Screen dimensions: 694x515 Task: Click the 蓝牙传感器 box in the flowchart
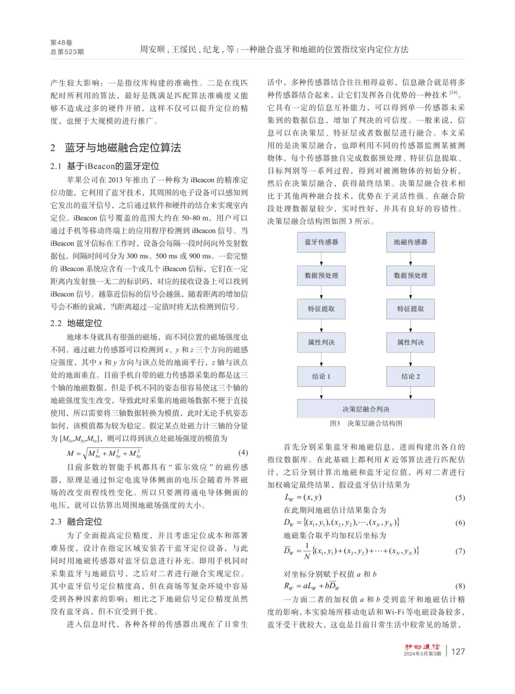[x=321, y=242]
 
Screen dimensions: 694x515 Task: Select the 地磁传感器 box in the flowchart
[x=410, y=242]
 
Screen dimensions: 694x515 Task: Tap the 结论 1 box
[x=321, y=376]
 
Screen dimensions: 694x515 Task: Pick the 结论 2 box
[x=410, y=376]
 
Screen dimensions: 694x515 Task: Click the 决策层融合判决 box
[x=366, y=409]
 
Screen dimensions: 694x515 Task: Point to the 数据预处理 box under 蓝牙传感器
[x=321, y=275]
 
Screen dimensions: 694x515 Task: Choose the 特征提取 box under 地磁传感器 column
[x=410, y=309]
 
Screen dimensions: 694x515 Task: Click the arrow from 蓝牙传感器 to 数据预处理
[x=321, y=259]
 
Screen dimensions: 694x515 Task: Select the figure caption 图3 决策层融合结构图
[x=366, y=423]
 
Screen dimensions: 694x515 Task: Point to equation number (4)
[x=243, y=452]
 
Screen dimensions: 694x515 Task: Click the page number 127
[x=458, y=667]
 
